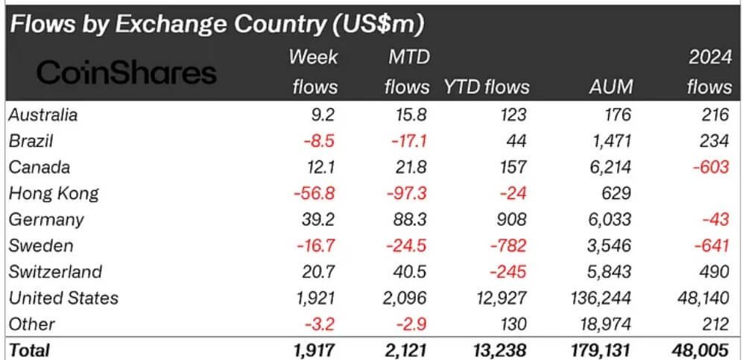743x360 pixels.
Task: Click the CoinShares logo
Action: pyautogui.click(x=127, y=73)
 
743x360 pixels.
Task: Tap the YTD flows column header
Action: pyautogui.click(x=486, y=86)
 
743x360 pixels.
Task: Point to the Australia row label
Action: pyautogui.click(x=43, y=115)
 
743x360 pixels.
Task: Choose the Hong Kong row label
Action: pyautogui.click(x=54, y=194)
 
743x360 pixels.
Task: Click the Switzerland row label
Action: pyautogui.click(x=56, y=272)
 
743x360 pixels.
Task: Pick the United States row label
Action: pyautogui.click(x=64, y=298)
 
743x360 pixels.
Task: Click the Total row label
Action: pyautogui.click(x=29, y=349)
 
